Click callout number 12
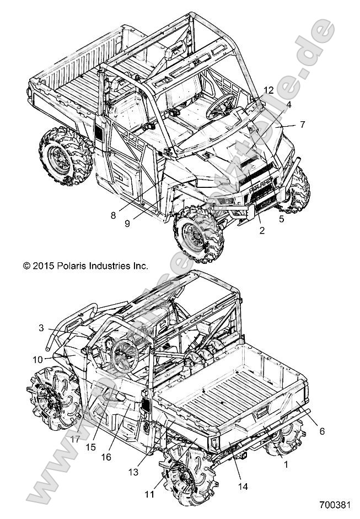(268, 90)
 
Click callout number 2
(262, 231)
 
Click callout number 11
(149, 495)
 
